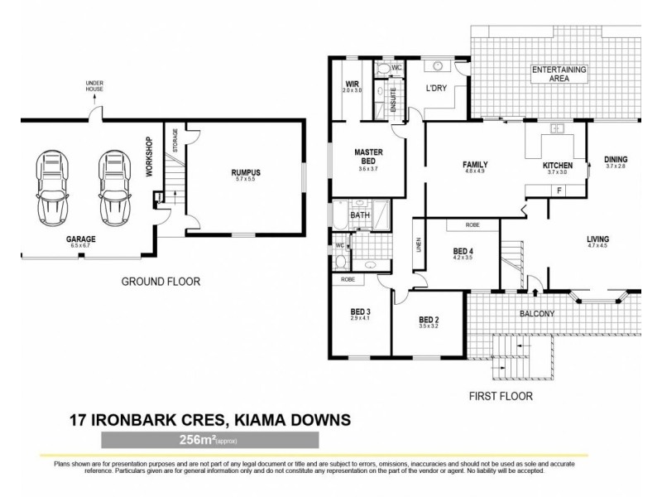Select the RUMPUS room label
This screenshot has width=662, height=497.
pos(242,173)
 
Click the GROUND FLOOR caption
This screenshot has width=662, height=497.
pos(161,282)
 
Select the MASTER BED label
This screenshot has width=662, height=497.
pos(367,157)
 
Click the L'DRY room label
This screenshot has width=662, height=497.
pos(436,88)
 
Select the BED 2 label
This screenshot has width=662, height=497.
pos(427,321)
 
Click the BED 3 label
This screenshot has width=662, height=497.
pos(360,311)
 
